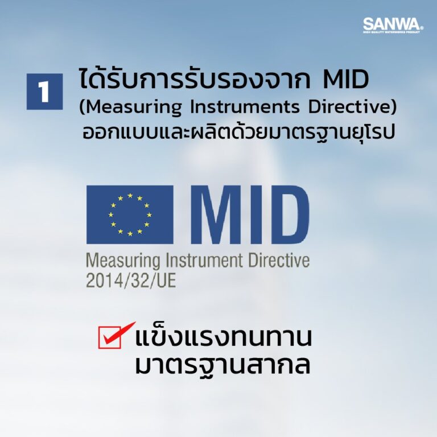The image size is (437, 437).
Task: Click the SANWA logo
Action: (393, 26)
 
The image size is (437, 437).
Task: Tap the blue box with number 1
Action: (44, 91)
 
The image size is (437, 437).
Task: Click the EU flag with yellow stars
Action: (130, 215)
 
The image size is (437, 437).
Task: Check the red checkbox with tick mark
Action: (112, 337)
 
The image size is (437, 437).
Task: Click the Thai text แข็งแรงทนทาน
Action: (224, 338)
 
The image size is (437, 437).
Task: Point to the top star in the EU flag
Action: (130, 196)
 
